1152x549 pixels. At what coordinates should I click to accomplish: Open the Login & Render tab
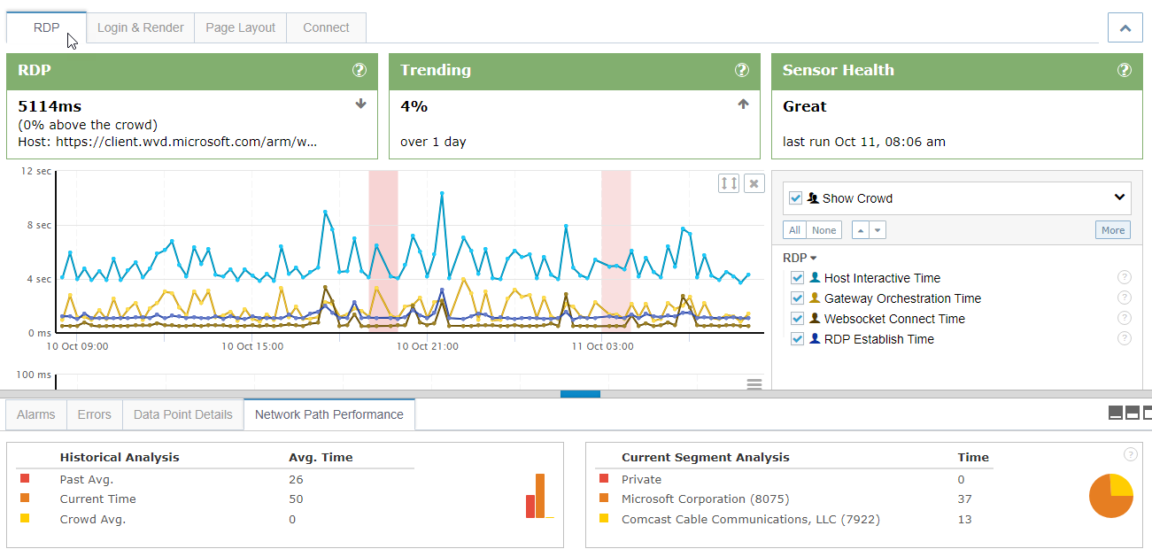coord(140,27)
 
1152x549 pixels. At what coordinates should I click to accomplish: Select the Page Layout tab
coord(240,27)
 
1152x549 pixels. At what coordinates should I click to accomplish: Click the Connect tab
coord(326,27)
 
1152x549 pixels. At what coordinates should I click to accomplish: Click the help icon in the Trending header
coord(742,70)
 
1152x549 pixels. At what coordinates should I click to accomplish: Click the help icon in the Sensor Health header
coord(1124,70)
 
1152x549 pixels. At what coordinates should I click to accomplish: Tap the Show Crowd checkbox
coord(795,198)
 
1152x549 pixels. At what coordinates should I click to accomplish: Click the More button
coord(1112,230)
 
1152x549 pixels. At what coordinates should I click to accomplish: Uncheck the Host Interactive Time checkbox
coord(798,278)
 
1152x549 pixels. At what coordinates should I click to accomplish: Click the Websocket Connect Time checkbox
coord(798,319)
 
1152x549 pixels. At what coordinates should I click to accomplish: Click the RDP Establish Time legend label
coord(878,339)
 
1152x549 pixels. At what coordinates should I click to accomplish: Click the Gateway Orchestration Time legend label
coord(901,298)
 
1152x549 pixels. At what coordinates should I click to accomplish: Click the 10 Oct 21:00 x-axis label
coord(428,346)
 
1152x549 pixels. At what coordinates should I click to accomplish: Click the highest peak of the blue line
coord(442,193)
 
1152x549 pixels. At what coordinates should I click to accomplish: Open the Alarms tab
coord(36,414)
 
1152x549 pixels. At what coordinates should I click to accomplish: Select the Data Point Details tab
coord(182,414)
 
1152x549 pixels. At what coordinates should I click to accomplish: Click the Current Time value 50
coord(296,499)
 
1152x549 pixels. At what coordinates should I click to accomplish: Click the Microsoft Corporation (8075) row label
coord(705,499)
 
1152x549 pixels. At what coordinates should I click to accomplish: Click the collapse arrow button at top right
coord(1125,27)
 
